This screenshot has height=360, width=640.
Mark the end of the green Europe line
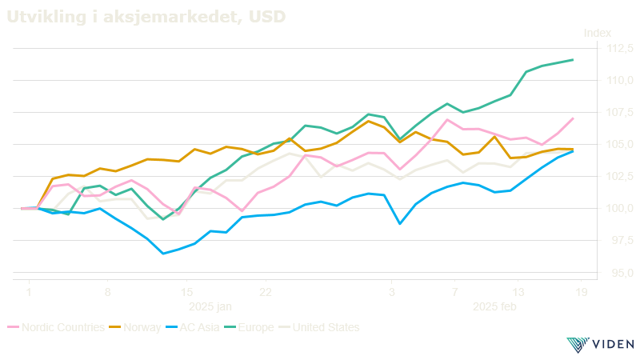coord(574,60)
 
